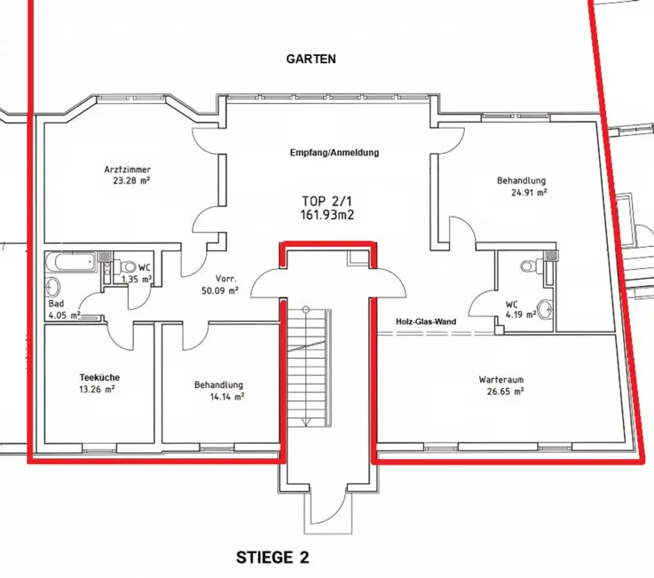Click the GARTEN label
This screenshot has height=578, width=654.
311,59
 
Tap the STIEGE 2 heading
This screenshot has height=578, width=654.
273,558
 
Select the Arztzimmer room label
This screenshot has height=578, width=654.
127,170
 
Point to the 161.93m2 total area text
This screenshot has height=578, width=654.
327,215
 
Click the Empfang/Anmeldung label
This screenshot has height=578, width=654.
335,152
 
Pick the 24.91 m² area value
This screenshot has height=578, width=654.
529,193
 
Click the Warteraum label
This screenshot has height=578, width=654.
501,380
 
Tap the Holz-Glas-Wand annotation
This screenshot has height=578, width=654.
426,322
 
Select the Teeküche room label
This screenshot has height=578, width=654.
100,378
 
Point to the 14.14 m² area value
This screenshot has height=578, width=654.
227,397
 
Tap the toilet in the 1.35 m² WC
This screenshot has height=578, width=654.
125,266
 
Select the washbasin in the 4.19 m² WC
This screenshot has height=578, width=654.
545,309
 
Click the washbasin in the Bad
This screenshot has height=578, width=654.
54,287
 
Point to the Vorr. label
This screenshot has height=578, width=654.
225,279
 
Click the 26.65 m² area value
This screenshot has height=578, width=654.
505,391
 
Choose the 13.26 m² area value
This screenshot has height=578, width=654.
97,389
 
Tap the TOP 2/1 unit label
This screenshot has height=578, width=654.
327,201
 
